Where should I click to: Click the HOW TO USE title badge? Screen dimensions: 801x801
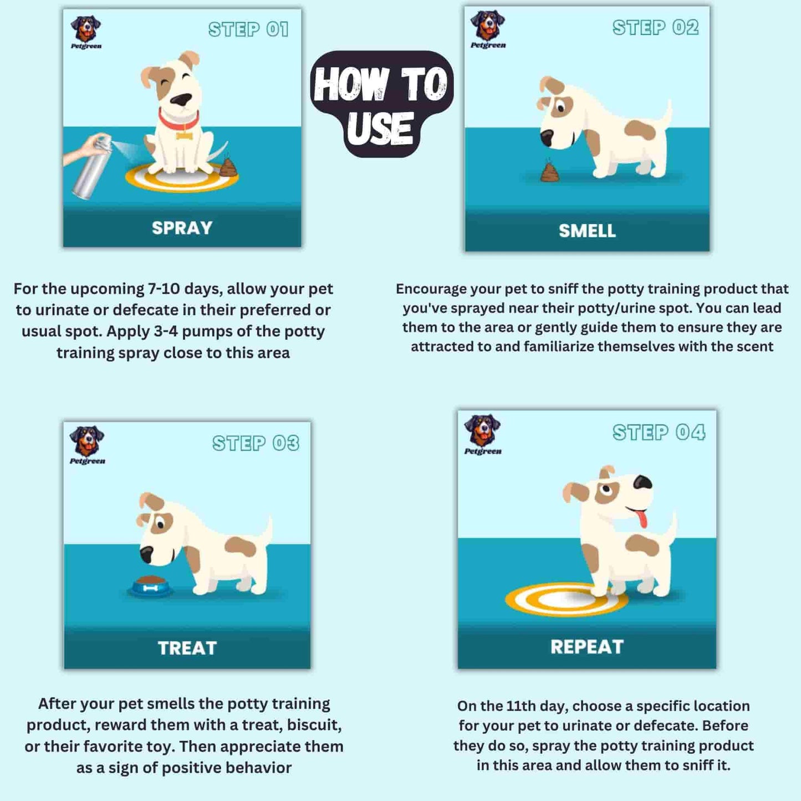(x=381, y=104)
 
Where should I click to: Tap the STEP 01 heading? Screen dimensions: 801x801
(x=248, y=29)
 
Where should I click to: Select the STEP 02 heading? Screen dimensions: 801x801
(x=655, y=28)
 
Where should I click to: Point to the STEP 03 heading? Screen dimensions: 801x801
(x=256, y=443)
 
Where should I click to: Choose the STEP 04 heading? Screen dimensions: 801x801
(x=659, y=432)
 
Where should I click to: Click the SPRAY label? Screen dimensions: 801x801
(x=182, y=228)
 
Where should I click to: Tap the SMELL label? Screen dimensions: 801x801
(x=587, y=231)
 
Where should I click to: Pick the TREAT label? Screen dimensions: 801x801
(x=187, y=648)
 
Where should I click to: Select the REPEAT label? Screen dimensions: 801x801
(x=587, y=647)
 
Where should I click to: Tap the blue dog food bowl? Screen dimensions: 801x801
(x=151, y=586)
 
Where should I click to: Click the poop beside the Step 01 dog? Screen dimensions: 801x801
(x=228, y=167)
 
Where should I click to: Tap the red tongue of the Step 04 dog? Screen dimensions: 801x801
(x=641, y=519)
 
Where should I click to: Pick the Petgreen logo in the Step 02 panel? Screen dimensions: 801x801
(x=488, y=29)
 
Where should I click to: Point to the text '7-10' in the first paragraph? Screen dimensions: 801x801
(x=164, y=289)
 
